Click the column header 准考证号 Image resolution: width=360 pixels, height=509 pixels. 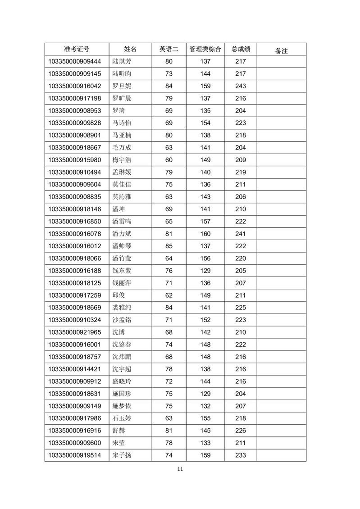(77, 49)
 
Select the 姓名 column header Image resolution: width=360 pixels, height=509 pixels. (130, 49)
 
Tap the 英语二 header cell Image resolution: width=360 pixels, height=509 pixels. (169, 49)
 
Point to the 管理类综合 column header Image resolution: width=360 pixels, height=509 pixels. (205, 49)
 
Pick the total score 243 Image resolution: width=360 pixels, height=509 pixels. (241, 86)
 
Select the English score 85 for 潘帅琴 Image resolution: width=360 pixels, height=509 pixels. (169, 246)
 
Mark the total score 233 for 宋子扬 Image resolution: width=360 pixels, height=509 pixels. (241, 455)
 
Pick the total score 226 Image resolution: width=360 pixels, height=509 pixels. (241, 430)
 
